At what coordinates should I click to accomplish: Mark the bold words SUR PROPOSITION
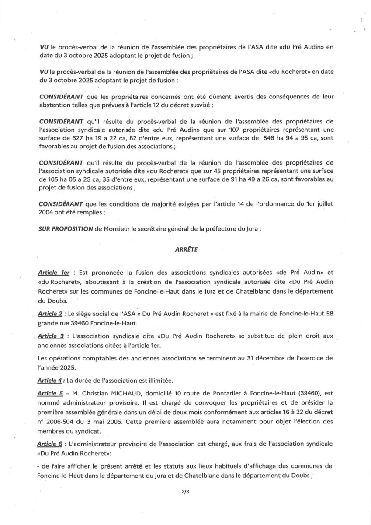coord(65,232)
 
